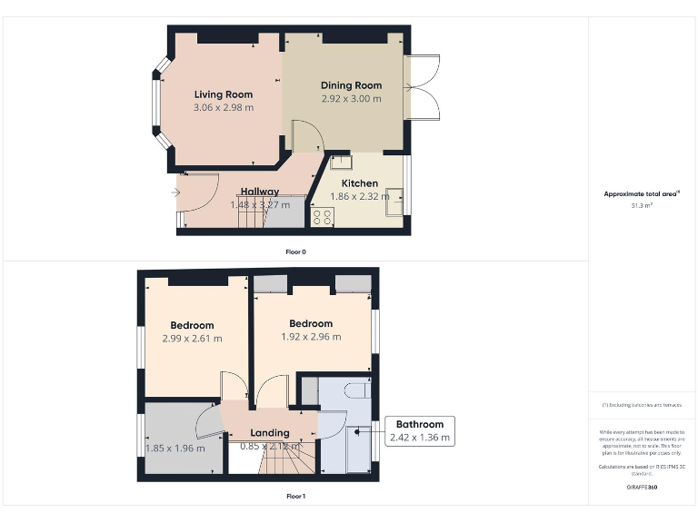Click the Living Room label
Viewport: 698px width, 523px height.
click(223, 94)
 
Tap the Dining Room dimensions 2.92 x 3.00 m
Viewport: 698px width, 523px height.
click(351, 99)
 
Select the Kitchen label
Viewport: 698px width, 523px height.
click(359, 183)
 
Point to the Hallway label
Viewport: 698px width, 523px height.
click(259, 192)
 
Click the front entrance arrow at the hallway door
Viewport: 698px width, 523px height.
click(174, 192)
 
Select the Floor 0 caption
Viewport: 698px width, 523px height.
click(294, 252)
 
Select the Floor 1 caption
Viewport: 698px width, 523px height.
click(295, 497)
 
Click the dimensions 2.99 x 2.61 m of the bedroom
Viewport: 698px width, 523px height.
click(192, 339)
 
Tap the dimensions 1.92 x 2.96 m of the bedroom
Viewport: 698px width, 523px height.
click(311, 337)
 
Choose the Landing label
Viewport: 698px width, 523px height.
click(270, 433)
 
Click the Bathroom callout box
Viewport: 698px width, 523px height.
click(419, 431)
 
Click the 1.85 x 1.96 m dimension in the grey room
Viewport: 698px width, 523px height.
click(175, 448)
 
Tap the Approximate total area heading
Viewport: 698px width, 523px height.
click(642, 194)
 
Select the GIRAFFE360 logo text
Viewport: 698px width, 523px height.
click(642, 488)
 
